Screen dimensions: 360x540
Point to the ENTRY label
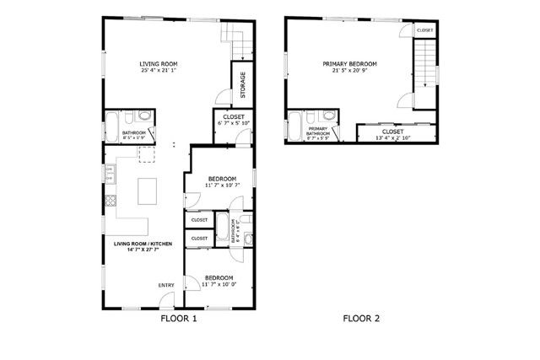(166, 285)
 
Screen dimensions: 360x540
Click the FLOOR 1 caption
(178, 319)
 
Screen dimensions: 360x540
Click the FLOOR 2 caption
(361, 319)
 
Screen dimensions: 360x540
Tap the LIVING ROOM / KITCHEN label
(143, 245)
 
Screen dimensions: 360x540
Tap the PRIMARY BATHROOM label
(318, 132)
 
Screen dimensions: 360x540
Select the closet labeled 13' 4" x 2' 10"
(392, 132)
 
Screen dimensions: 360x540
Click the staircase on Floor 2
(426, 68)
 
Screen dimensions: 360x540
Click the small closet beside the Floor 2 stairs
(424, 30)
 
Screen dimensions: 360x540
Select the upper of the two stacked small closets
(199, 220)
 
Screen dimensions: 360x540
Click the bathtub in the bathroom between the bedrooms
(221, 231)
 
